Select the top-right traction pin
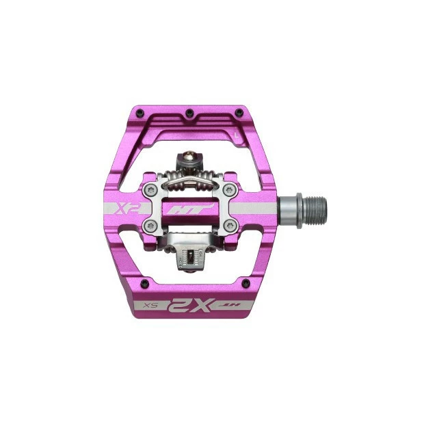(238, 111)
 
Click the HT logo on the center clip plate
(189, 210)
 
